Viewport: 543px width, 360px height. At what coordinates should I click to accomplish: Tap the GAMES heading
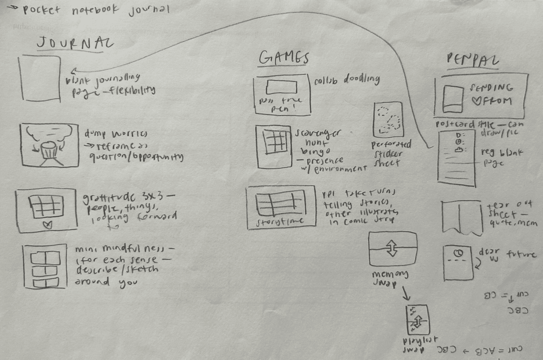pos(284,58)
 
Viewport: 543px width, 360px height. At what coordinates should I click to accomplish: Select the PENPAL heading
pos(473,60)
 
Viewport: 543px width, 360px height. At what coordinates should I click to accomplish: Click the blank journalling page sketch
pos(40,78)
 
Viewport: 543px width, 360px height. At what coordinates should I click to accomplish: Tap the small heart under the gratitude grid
pos(48,224)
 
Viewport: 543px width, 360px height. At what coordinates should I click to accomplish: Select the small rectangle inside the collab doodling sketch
pos(281,87)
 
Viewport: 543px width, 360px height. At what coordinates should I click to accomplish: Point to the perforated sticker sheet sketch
pos(388,120)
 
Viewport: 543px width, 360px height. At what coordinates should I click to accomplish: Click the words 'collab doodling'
pos(346,79)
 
